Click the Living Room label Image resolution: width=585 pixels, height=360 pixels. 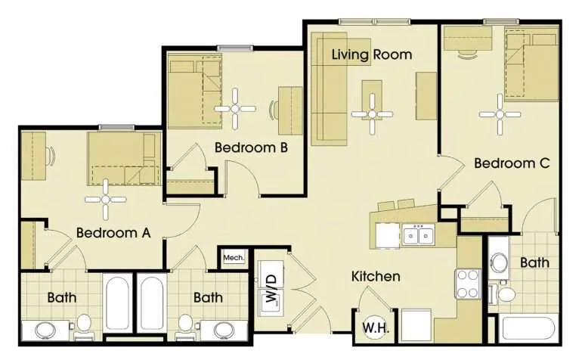(372, 55)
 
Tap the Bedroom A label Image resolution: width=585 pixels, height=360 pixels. (113, 233)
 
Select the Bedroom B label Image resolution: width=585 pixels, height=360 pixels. (251, 147)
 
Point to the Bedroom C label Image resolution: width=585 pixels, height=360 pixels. (512, 163)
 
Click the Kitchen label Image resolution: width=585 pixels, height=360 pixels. (376, 276)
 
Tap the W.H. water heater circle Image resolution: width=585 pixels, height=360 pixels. (376, 328)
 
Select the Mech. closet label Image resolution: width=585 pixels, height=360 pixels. (234, 258)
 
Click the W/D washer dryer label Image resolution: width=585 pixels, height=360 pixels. (271, 288)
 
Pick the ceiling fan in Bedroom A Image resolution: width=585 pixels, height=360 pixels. (106, 200)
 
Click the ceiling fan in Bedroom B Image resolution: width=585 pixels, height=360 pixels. (235, 109)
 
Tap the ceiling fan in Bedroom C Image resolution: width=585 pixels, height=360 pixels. (500, 115)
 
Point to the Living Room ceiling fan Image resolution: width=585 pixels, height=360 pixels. (372, 114)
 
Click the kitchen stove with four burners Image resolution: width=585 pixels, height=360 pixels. (468, 284)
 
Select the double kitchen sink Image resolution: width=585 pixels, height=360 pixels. (418, 235)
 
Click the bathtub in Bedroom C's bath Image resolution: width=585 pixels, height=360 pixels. (529, 330)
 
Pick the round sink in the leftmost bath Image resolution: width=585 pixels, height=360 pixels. (45, 330)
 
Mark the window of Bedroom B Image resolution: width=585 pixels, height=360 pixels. (235, 48)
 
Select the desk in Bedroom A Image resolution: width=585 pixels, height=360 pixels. (33, 156)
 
